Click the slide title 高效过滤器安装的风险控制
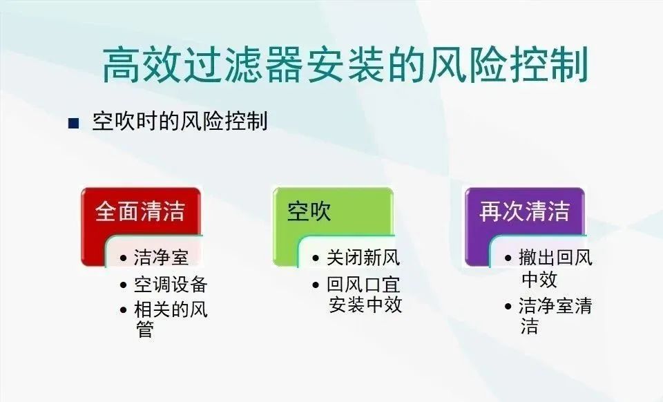345,65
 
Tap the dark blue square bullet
74,123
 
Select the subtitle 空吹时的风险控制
180,122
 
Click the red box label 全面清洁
140,211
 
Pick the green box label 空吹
309,211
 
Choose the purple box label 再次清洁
524,211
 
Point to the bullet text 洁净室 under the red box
161,258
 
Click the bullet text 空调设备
171,285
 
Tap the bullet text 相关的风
171,309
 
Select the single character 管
144,329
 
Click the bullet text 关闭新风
363,258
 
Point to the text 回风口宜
363,285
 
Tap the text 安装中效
365,305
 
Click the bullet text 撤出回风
555,258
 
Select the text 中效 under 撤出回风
539,280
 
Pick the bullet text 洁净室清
555,305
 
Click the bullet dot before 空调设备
123,285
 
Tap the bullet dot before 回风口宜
316,285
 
